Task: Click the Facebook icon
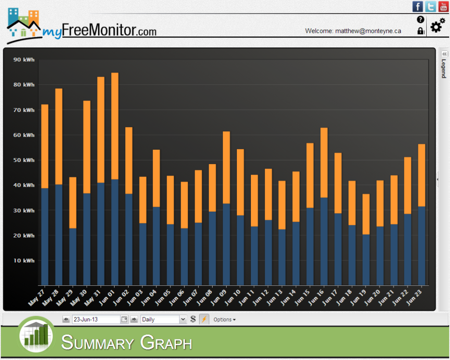pyautogui.click(x=417, y=7)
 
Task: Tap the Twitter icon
pyautogui.click(x=431, y=7)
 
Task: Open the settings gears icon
pyautogui.click(x=437, y=26)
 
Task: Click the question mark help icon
pyautogui.click(x=421, y=19)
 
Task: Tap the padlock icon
pyautogui.click(x=421, y=31)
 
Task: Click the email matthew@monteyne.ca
pyautogui.click(x=368, y=31)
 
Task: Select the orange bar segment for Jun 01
pyautogui.click(x=115, y=126)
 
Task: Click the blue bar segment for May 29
pyautogui.click(x=73, y=256)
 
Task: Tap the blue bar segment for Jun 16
pyautogui.click(x=324, y=241)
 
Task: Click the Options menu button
pyautogui.click(x=224, y=320)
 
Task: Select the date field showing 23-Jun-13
pyautogui.click(x=96, y=320)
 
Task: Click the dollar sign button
pyautogui.click(x=193, y=320)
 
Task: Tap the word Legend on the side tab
pyautogui.click(x=444, y=68)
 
